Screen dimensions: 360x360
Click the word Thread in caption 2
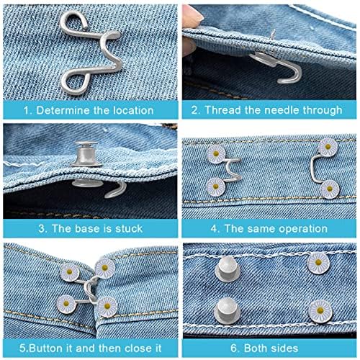[223, 110]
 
